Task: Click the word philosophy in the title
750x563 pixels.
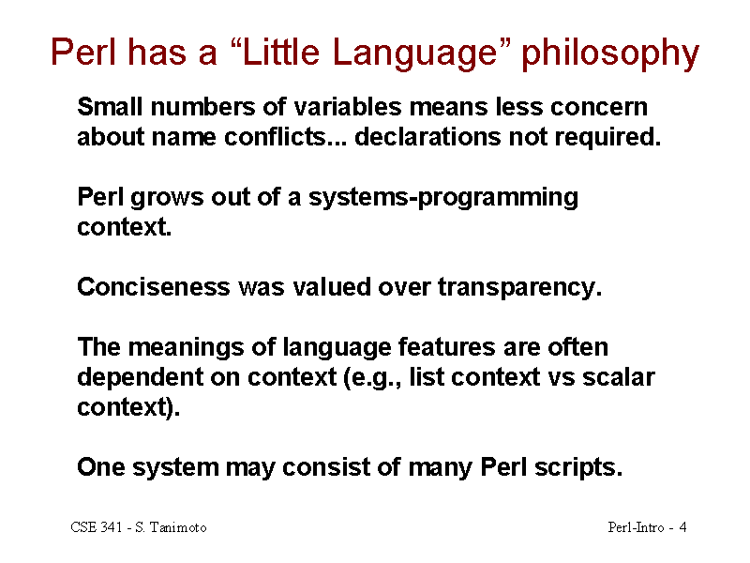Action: click(610, 53)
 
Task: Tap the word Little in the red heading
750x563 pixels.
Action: click(280, 52)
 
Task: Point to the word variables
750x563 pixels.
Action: click(348, 106)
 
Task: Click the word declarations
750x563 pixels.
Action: click(427, 137)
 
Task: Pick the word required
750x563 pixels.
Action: click(607, 138)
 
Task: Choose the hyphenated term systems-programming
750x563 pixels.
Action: click(443, 198)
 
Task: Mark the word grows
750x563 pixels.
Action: click(167, 198)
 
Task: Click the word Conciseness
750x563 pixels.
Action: click(154, 287)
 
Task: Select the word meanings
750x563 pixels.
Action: click(186, 348)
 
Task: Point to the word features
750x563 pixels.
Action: click(447, 347)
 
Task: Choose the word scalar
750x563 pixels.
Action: click(619, 377)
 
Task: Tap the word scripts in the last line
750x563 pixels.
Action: click(578, 468)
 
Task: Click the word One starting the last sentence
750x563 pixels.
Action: click(101, 467)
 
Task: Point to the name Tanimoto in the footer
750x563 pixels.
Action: click(178, 527)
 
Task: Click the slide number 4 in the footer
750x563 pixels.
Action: click(683, 527)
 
